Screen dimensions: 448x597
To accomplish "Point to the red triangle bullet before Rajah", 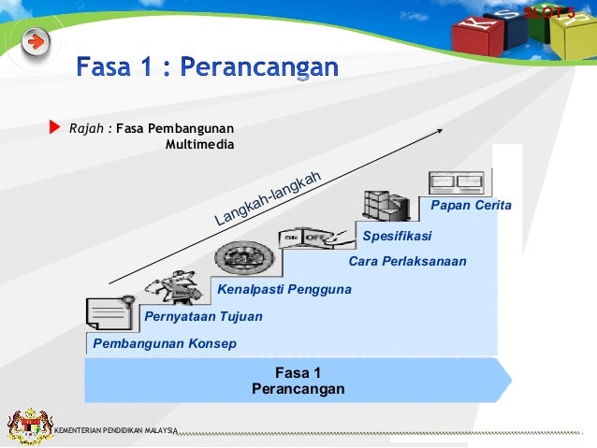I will coord(53,127).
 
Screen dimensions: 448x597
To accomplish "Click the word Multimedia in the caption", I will coord(199,145).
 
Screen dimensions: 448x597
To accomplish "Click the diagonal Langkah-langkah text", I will coord(269,198).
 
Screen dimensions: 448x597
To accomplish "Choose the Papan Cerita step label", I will coord(471,205).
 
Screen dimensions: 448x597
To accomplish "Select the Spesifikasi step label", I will coord(397,235).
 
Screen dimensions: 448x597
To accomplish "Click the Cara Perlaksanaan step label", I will coord(407,262).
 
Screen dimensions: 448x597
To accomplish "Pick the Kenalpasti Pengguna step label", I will coord(284,289).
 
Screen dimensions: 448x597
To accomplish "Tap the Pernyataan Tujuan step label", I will coord(203,317).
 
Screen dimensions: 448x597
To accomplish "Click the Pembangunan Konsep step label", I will coord(164,343).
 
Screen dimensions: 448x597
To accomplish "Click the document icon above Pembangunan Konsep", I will coord(109,313).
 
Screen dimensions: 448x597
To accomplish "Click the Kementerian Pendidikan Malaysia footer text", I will coord(116,430).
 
